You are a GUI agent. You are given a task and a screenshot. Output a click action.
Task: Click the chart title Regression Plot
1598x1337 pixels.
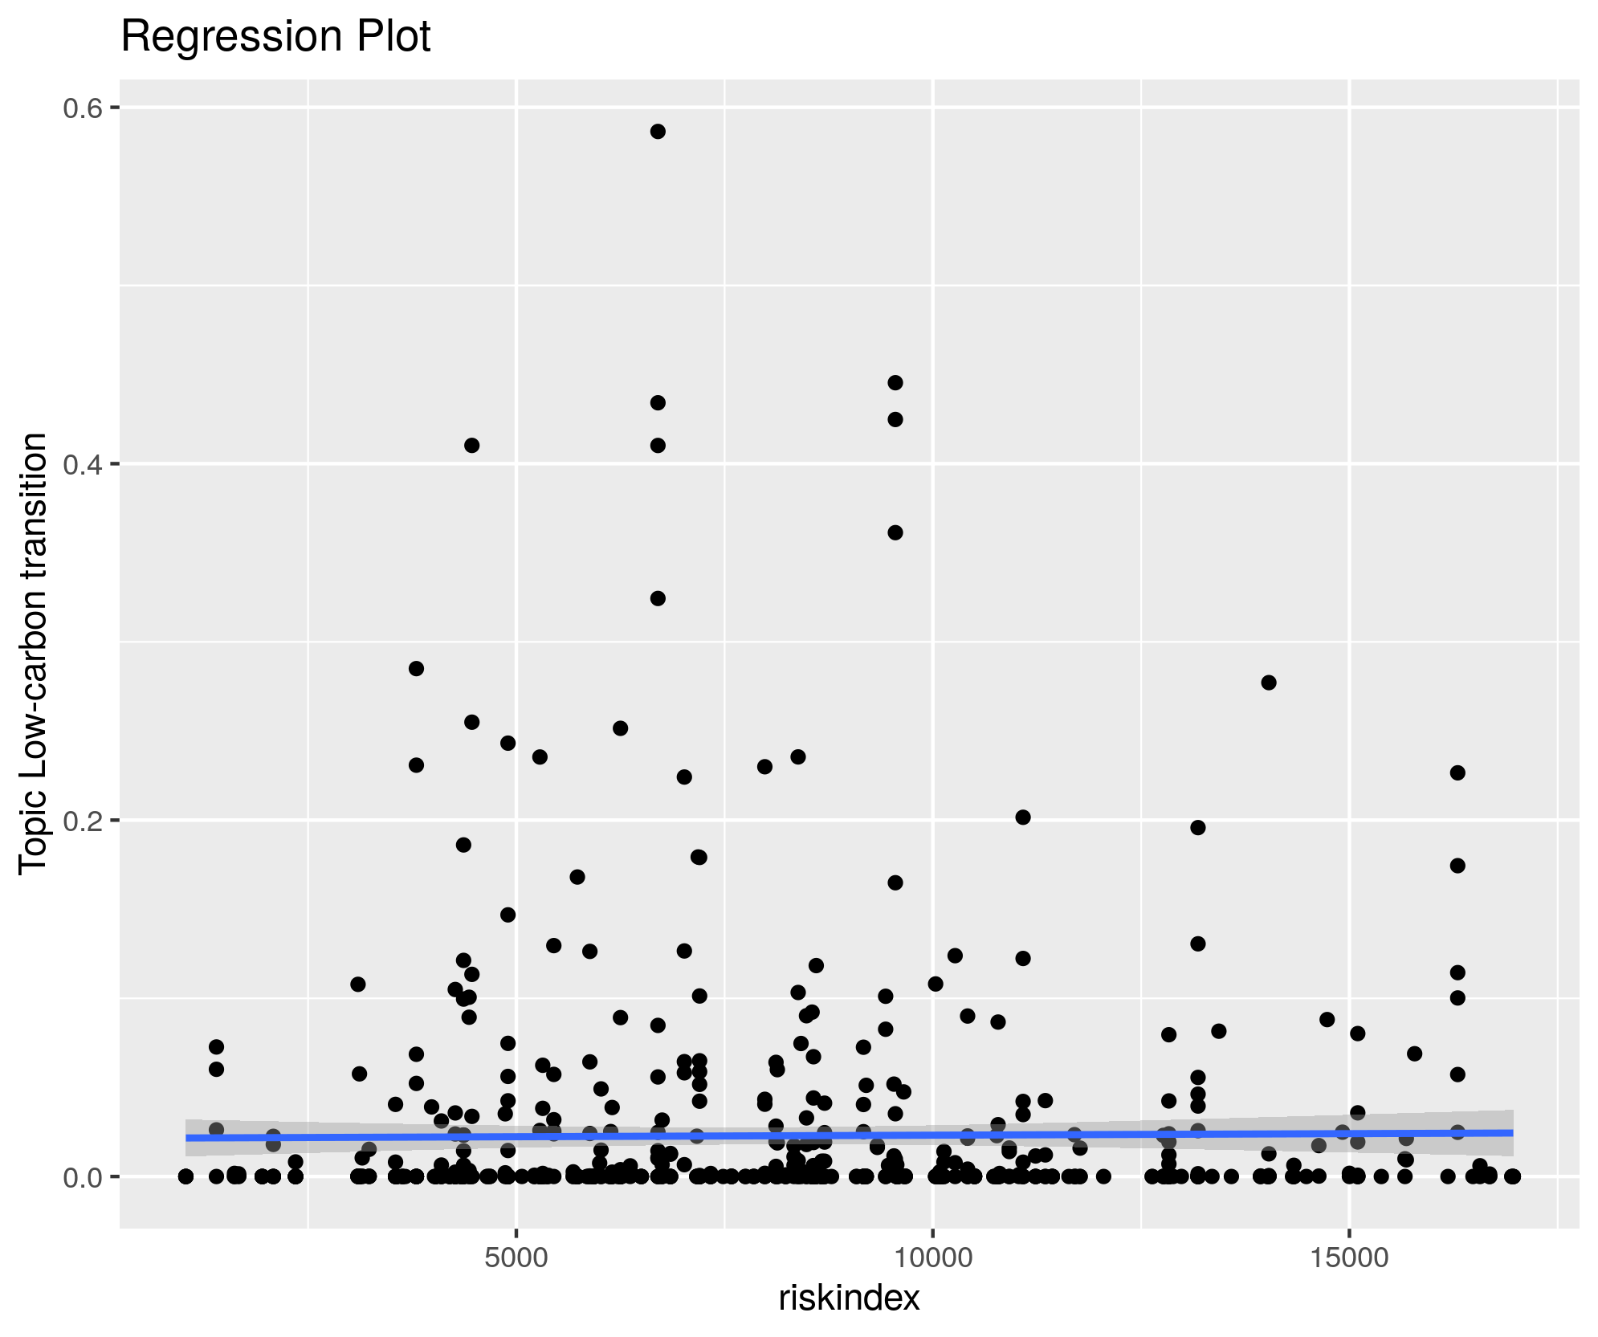pos(275,37)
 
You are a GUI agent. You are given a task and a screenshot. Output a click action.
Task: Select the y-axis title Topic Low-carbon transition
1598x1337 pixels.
pos(34,652)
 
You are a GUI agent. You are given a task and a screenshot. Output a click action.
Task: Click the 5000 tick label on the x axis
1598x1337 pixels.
pos(516,1258)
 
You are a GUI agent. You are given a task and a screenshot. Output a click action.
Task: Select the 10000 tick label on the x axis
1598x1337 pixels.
pos(932,1258)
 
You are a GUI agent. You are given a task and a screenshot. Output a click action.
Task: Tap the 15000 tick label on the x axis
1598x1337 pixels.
pos(1349,1258)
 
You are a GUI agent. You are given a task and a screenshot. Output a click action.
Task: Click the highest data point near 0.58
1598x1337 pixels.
pos(658,132)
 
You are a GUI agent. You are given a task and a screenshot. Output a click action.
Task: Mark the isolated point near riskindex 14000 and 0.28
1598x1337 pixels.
pos(1269,683)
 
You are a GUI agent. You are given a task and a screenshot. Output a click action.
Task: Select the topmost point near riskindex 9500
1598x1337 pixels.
pos(895,383)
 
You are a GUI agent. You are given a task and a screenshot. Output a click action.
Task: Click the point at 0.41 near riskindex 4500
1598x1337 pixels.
pos(472,446)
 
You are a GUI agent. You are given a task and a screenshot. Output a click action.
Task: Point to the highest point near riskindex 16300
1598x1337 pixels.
pos(1458,772)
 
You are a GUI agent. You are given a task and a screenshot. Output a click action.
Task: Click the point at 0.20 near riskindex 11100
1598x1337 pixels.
pos(1023,817)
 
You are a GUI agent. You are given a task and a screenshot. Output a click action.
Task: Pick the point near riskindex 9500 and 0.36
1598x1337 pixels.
pos(895,532)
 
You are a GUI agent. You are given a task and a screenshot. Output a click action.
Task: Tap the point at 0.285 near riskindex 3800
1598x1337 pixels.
pos(416,669)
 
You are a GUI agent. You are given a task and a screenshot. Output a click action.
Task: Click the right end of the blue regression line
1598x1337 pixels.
pos(1512,1132)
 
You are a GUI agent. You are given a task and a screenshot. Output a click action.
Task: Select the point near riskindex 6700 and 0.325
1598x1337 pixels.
pos(658,598)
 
